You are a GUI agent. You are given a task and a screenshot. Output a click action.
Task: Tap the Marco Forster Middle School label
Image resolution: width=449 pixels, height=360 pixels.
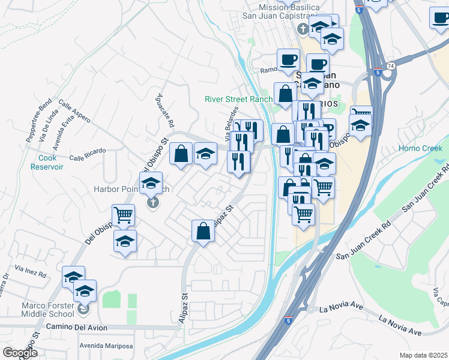(x=48, y=310)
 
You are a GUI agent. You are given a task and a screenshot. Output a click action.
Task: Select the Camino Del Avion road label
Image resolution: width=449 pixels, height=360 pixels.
(x=77, y=328)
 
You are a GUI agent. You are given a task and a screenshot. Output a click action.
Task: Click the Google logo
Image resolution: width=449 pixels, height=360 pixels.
(x=20, y=353)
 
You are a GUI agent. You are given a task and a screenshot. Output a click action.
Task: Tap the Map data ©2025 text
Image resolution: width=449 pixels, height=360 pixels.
(x=423, y=355)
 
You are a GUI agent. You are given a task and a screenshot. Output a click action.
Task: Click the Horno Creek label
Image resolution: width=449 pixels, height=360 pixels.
(x=420, y=148)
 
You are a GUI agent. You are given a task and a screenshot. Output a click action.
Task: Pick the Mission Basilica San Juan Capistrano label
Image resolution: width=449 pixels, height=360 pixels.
(x=289, y=11)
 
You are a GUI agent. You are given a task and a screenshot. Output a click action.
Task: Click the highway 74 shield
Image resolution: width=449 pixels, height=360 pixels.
(x=390, y=65)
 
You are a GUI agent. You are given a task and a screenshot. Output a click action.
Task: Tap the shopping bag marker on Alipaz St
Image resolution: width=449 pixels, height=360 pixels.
(x=203, y=231)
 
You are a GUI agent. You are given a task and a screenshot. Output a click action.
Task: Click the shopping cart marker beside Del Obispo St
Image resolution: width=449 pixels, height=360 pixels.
(x=123, y=214)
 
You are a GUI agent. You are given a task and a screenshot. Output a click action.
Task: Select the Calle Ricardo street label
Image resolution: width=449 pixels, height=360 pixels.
(x=88, y=154)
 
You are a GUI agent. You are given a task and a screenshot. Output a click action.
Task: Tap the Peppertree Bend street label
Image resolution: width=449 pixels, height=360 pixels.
(x=39, y=123)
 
